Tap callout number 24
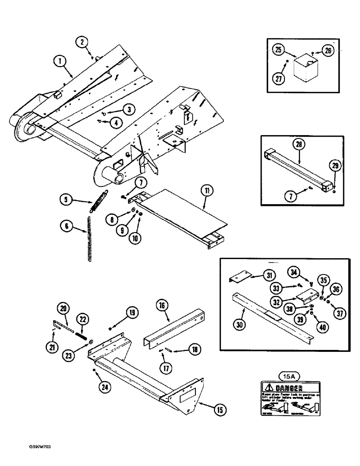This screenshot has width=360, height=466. [107, 385]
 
